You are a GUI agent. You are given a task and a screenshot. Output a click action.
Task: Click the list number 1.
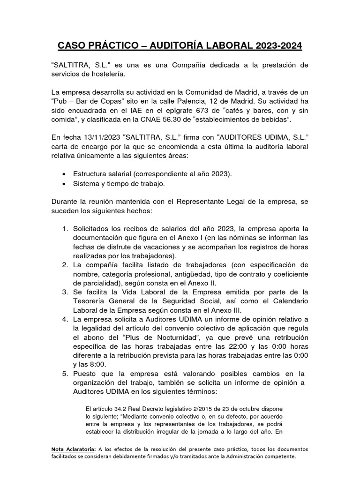65,229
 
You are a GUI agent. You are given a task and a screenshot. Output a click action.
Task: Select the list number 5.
65,374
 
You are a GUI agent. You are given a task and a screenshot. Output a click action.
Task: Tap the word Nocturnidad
178,337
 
